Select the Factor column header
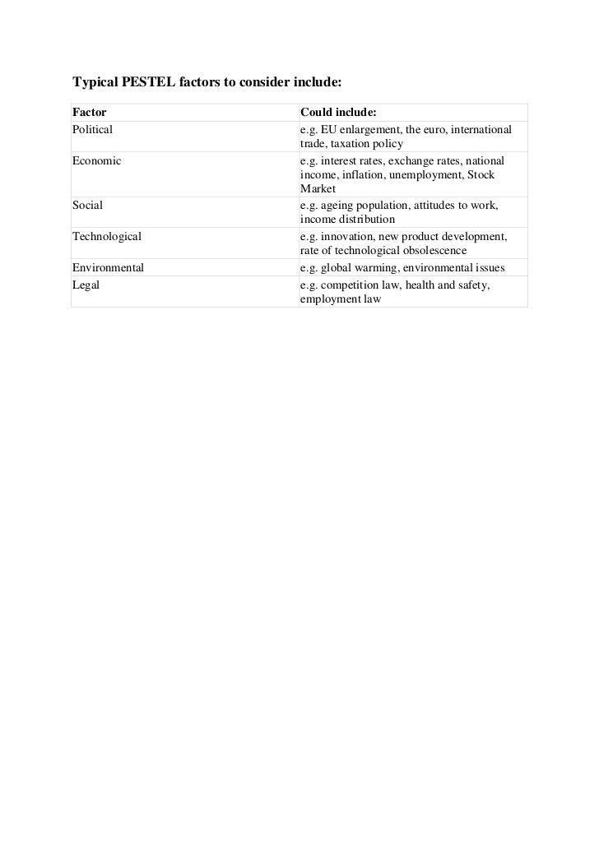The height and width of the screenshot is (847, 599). (90, 112)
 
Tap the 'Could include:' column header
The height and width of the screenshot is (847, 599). (338, 112)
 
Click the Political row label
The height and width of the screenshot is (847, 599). (92, 129)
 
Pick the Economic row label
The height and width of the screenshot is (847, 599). (96, 160)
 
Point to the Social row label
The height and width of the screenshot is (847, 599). (87, 205)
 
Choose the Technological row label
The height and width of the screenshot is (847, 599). (107, 236)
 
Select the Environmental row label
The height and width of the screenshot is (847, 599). (108, 267)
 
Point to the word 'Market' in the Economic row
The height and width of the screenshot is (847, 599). (318, 189)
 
